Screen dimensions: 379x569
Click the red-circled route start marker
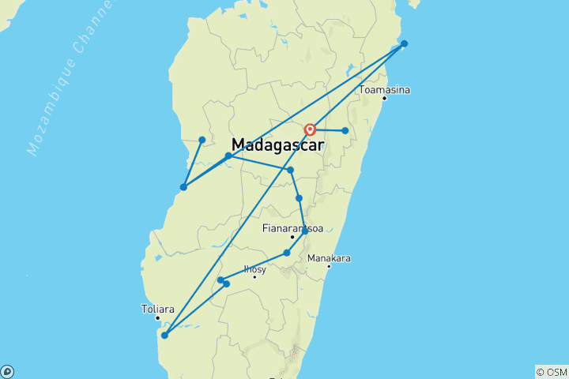tap(311, 129)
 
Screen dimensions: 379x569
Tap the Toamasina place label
tap(384, 90)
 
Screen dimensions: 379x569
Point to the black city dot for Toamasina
tap(384, 99)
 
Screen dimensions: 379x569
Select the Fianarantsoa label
tap(292, 228)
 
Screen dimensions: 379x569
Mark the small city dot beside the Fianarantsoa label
tap(292, 237)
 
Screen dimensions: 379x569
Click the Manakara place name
tap(329, 258)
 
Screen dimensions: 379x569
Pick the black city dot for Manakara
tap(329, 266)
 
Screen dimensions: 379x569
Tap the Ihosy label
tap(255, 268)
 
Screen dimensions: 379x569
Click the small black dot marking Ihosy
tap(254, 276)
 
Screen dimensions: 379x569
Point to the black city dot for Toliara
tap(157, 317)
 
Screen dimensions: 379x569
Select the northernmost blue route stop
tap(404, 43)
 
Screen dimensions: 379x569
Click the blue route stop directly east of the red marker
tap(345, 130)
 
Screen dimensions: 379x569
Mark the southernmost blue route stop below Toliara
tap(164, 335)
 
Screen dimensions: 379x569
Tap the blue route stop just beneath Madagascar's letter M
tap(228, 156)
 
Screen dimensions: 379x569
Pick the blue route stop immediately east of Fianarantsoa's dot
tap(305, 231)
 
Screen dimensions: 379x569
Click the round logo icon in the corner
tap(7, 371)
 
